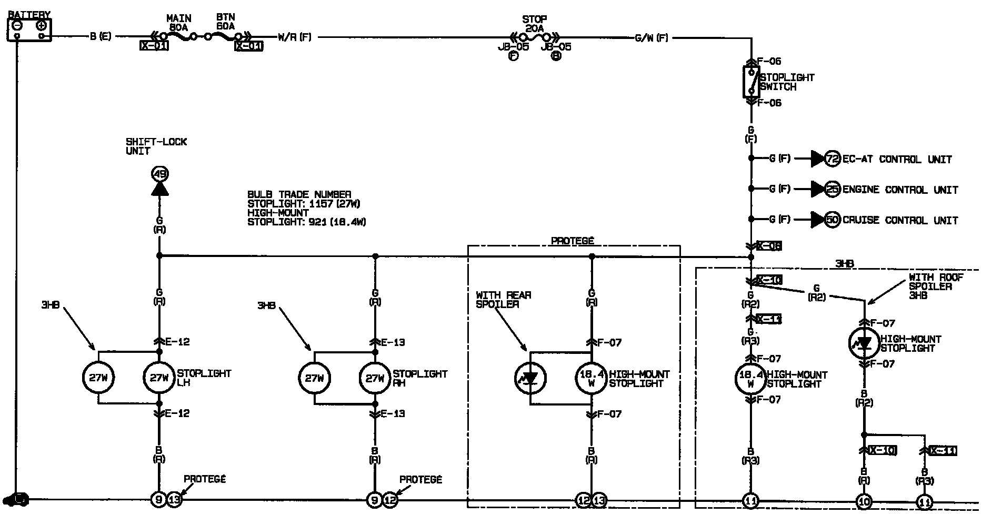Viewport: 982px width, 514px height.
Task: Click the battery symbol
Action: click(29, 29)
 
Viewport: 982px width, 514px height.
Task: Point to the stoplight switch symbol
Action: click(751, 82)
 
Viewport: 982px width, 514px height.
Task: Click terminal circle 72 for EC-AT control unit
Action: click(832, 159)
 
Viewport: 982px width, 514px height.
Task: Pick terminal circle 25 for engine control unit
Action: click(832, 189)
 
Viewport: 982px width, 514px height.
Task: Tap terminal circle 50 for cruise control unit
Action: click(832, 220)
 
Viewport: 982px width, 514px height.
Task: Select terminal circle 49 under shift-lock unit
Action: click(159, 173)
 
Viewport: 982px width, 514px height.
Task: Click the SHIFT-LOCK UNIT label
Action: click(156, 146)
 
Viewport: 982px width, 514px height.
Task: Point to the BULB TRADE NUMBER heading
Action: click(299, 194)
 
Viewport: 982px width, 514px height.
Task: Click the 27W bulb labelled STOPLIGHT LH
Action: click(159, 378)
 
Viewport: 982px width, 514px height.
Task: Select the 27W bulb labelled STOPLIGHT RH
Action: click(375, 378)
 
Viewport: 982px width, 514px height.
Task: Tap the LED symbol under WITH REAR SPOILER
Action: click(530, 378)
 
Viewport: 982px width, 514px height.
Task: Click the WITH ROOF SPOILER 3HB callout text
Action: click(936, 286)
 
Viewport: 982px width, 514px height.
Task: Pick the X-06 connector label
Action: click(769, 246)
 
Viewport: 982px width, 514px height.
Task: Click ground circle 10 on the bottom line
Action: click(864, 501)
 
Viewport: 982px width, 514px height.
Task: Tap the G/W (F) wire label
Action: click(652, 37)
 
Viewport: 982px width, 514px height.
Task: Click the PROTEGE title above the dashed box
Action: click(572, 241)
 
